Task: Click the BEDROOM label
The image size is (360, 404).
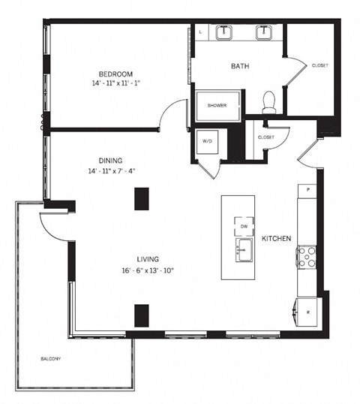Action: [115, 73]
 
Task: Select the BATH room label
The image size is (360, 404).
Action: [240, 66]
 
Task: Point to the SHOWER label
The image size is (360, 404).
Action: [217, 105]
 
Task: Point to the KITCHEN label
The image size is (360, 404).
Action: [277, 238]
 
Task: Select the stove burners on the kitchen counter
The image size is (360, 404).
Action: [307, 258]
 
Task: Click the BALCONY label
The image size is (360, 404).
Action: [52, 359]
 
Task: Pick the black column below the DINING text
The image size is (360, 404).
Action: [140, 198]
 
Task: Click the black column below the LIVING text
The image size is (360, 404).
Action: [140, 315]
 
